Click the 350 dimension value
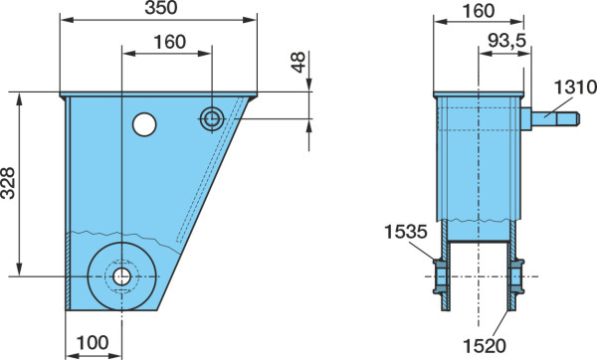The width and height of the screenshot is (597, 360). coord(160,8)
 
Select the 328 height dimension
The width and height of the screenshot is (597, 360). coord(8,183)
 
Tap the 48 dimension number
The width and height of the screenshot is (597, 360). coord(298,62)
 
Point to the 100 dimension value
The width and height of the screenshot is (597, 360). coord(93,343)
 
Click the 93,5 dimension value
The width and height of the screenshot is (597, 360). coord(506,41)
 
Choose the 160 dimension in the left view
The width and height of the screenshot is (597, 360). coord(169,42)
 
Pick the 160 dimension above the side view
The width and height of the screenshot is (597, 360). coord(479,11)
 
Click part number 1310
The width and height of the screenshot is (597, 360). coord(575,88)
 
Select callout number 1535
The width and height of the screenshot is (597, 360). coord(406,232)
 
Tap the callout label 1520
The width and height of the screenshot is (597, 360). coord(485,346)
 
